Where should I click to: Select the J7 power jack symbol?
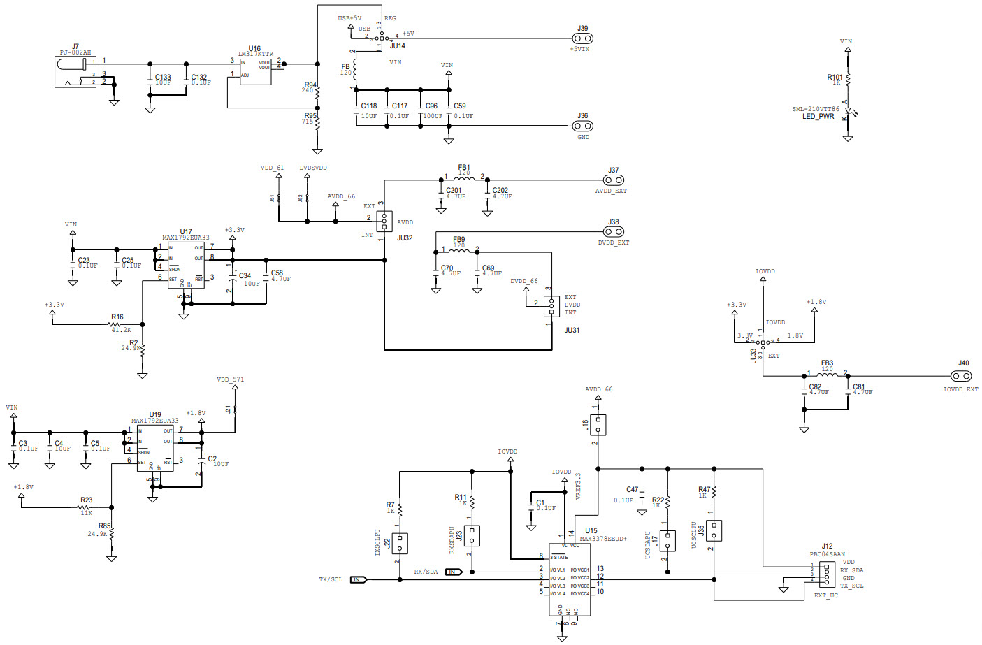(75, 72)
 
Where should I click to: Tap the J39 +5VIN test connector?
(582, 38)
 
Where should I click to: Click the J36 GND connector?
(582, 126)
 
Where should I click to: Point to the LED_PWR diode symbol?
(847, 110)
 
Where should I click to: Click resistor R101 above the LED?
(848, 78)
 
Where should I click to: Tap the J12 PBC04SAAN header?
(827, 574)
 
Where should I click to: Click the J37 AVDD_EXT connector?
(613, 180)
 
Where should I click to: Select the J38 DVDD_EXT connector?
(613, 231)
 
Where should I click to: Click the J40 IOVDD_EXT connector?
(962, 375)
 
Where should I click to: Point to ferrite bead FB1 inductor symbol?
(464, 179)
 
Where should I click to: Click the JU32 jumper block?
(384, 222)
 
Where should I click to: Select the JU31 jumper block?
(551, 306)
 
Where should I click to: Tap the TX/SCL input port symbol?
(359, 579)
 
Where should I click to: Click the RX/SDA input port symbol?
(454, 572)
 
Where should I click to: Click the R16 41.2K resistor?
(116, 324)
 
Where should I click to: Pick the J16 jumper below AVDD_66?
(598, 424)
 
